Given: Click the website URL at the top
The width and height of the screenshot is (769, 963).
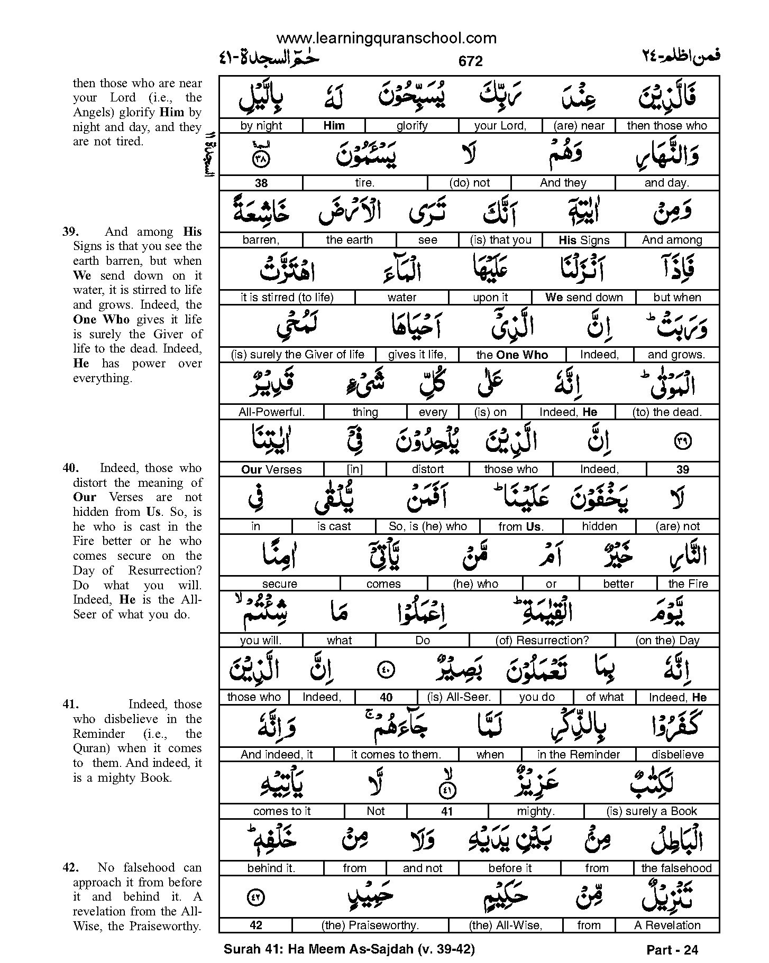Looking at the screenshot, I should click(x=387, y=38).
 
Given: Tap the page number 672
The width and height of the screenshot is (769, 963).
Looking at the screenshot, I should click(x=470, y=61).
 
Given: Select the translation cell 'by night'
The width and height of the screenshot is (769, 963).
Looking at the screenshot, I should click(x=261, y=126).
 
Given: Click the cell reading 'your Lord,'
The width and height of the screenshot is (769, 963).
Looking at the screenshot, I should click(x=500, y=126).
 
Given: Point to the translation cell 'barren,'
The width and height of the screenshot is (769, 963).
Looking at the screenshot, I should click(x=261, y=240).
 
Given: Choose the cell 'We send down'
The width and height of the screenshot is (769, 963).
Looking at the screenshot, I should click(x=584, y=298).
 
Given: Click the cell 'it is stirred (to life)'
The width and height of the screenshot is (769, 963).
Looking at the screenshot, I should click(x=287, y=298).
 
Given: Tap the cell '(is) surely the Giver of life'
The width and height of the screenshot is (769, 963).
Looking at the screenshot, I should click(x=298, y=355).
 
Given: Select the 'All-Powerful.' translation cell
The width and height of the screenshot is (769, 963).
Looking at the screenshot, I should click(x=272, y=412).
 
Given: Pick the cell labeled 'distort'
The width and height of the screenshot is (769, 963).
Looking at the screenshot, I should click(x=427, y=469).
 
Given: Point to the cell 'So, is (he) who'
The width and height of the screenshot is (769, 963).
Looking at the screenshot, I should click(x=427, y=526).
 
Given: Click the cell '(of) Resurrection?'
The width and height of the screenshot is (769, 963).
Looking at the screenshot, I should click(x=542, y=641).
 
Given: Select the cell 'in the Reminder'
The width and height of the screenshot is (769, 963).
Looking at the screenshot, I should click(x=579, y=755).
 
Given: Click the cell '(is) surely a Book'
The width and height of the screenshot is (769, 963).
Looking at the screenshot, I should click(x=652, y=811).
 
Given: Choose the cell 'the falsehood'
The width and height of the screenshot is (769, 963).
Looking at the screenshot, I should click(x=676, y=868).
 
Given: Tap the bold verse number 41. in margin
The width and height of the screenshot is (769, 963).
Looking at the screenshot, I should click(x=71, y=705).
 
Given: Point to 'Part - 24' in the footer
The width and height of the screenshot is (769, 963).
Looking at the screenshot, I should click(x=672, y=950).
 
